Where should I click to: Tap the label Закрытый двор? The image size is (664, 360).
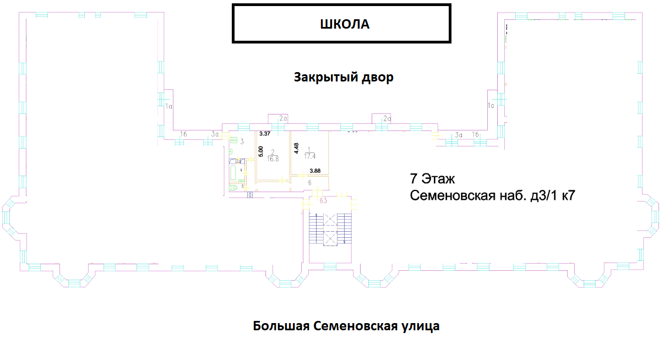(344, 77)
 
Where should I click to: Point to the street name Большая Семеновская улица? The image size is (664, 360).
(346, 326)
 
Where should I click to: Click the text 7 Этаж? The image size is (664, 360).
(432, 179)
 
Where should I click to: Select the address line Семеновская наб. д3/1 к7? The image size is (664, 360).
(493, 195)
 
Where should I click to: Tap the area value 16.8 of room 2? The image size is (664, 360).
(273, 159)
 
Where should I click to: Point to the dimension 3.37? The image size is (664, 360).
(265, 134)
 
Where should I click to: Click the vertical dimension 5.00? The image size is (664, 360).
(261, 150)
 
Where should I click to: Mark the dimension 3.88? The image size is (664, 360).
(314, 171)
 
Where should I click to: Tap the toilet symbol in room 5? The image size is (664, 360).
(233, 187)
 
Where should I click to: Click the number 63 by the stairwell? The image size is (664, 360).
(323, 200)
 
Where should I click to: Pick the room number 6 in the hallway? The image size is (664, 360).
(310, 183)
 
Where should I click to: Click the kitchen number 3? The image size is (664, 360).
(242, 141)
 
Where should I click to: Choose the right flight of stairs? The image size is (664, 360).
(345, 229)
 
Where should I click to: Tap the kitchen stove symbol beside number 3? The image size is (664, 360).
(233, 140)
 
